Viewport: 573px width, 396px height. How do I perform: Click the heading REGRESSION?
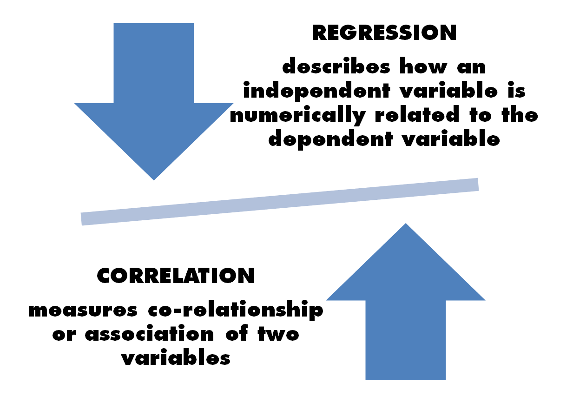(384, 33)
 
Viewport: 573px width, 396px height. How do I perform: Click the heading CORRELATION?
(176, 276)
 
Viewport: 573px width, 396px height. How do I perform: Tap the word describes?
(336, 66)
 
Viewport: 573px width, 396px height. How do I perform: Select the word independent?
(316, 91)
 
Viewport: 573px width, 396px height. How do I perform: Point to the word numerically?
(298, 115)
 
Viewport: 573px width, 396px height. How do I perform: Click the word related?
(417, 114)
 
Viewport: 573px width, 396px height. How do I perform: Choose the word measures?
(83, 310)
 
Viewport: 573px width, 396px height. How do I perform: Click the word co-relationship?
(236, 310)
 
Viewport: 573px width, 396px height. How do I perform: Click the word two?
(278, 334)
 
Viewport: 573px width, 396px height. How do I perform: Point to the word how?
(424, 66)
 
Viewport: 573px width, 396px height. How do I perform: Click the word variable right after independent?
(448, 90)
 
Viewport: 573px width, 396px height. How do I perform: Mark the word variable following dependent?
(451, 139)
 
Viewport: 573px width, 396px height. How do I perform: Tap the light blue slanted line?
(280, 202)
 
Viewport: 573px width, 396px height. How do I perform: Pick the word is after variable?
(516, 90)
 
